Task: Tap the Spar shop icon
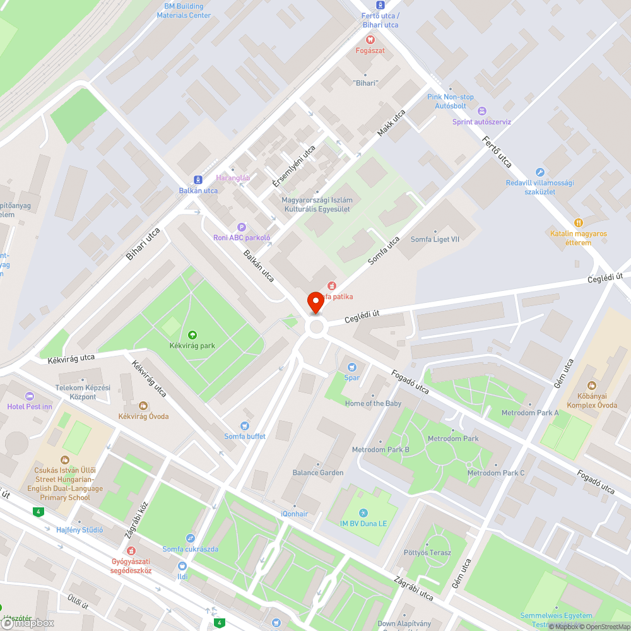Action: (x=352, y=367)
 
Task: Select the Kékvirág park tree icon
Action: (x=192, y=335)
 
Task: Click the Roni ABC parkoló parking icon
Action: (x=241, y=227)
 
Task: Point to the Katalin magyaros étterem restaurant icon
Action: (x=578, y=223)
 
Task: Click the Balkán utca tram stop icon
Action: (x=198, y=180)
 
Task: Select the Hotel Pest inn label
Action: (x=30, y=406)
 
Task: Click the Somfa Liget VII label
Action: (x=435, y=240)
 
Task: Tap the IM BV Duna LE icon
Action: (x=362, y=512)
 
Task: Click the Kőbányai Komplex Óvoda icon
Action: (x=592, y=386)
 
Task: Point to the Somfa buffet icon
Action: (x=245, y=426)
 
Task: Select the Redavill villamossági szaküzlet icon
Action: (x=540, y=172)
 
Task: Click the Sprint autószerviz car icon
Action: (x=482, y=111)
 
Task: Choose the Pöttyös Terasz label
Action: (x=428, y=553)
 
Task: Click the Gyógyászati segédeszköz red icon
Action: (x=132, y=550)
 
